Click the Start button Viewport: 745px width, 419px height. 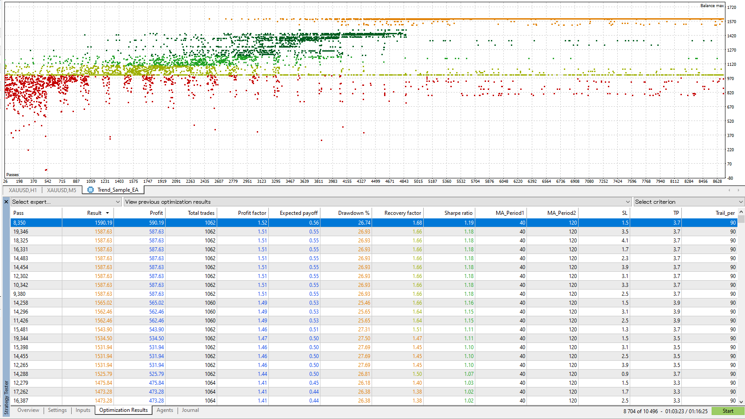tap(728, 411)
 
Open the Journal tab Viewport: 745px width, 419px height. tap(190, 410)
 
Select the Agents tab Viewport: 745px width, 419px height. tap(165, 410)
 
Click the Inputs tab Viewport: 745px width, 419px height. tap(83, 410)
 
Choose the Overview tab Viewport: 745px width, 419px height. tap(28, 410)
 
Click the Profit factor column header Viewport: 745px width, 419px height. tap(252, 213)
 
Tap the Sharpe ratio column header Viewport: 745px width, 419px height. tap(458, 213)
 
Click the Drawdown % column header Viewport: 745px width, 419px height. tap(353, 213)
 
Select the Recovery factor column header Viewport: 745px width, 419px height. tap(402, 213)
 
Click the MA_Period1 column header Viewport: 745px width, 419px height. tap(510, 213)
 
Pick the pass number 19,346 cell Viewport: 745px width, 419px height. tap(21, 232)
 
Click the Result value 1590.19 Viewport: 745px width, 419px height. tap(103, 223)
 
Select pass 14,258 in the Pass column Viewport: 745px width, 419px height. tap(21, 303)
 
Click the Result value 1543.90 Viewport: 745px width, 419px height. tap(103, 330)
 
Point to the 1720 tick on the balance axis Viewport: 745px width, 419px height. tap(731, 8)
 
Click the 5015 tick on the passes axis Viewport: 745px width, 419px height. tap(418, 181)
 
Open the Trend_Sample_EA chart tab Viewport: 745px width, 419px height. tap(117, 190)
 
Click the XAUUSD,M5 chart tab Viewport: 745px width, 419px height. tap(61, 190)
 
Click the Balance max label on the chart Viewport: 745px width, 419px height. tap(712, 6)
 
